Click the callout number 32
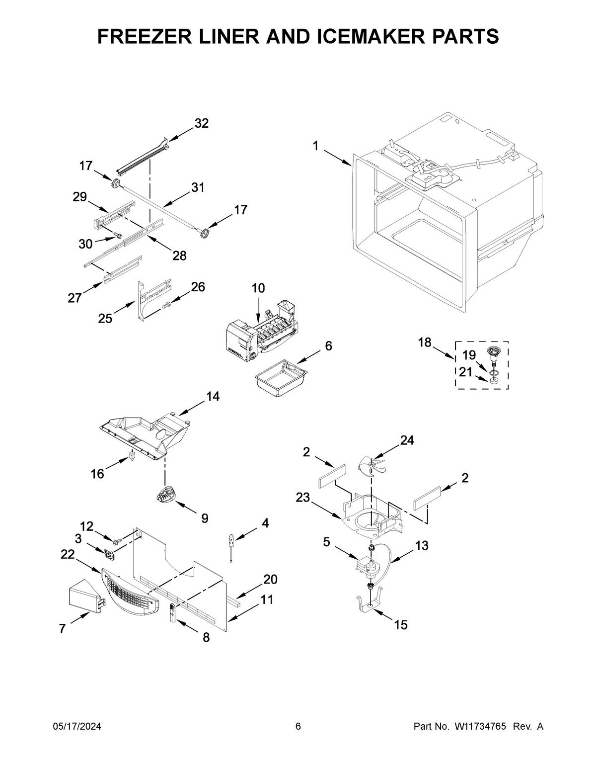pos(201,123)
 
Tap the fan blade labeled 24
pos(372,465)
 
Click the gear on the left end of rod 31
pos(117,184)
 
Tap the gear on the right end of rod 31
pos(204,232)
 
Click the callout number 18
pos(425,343)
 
